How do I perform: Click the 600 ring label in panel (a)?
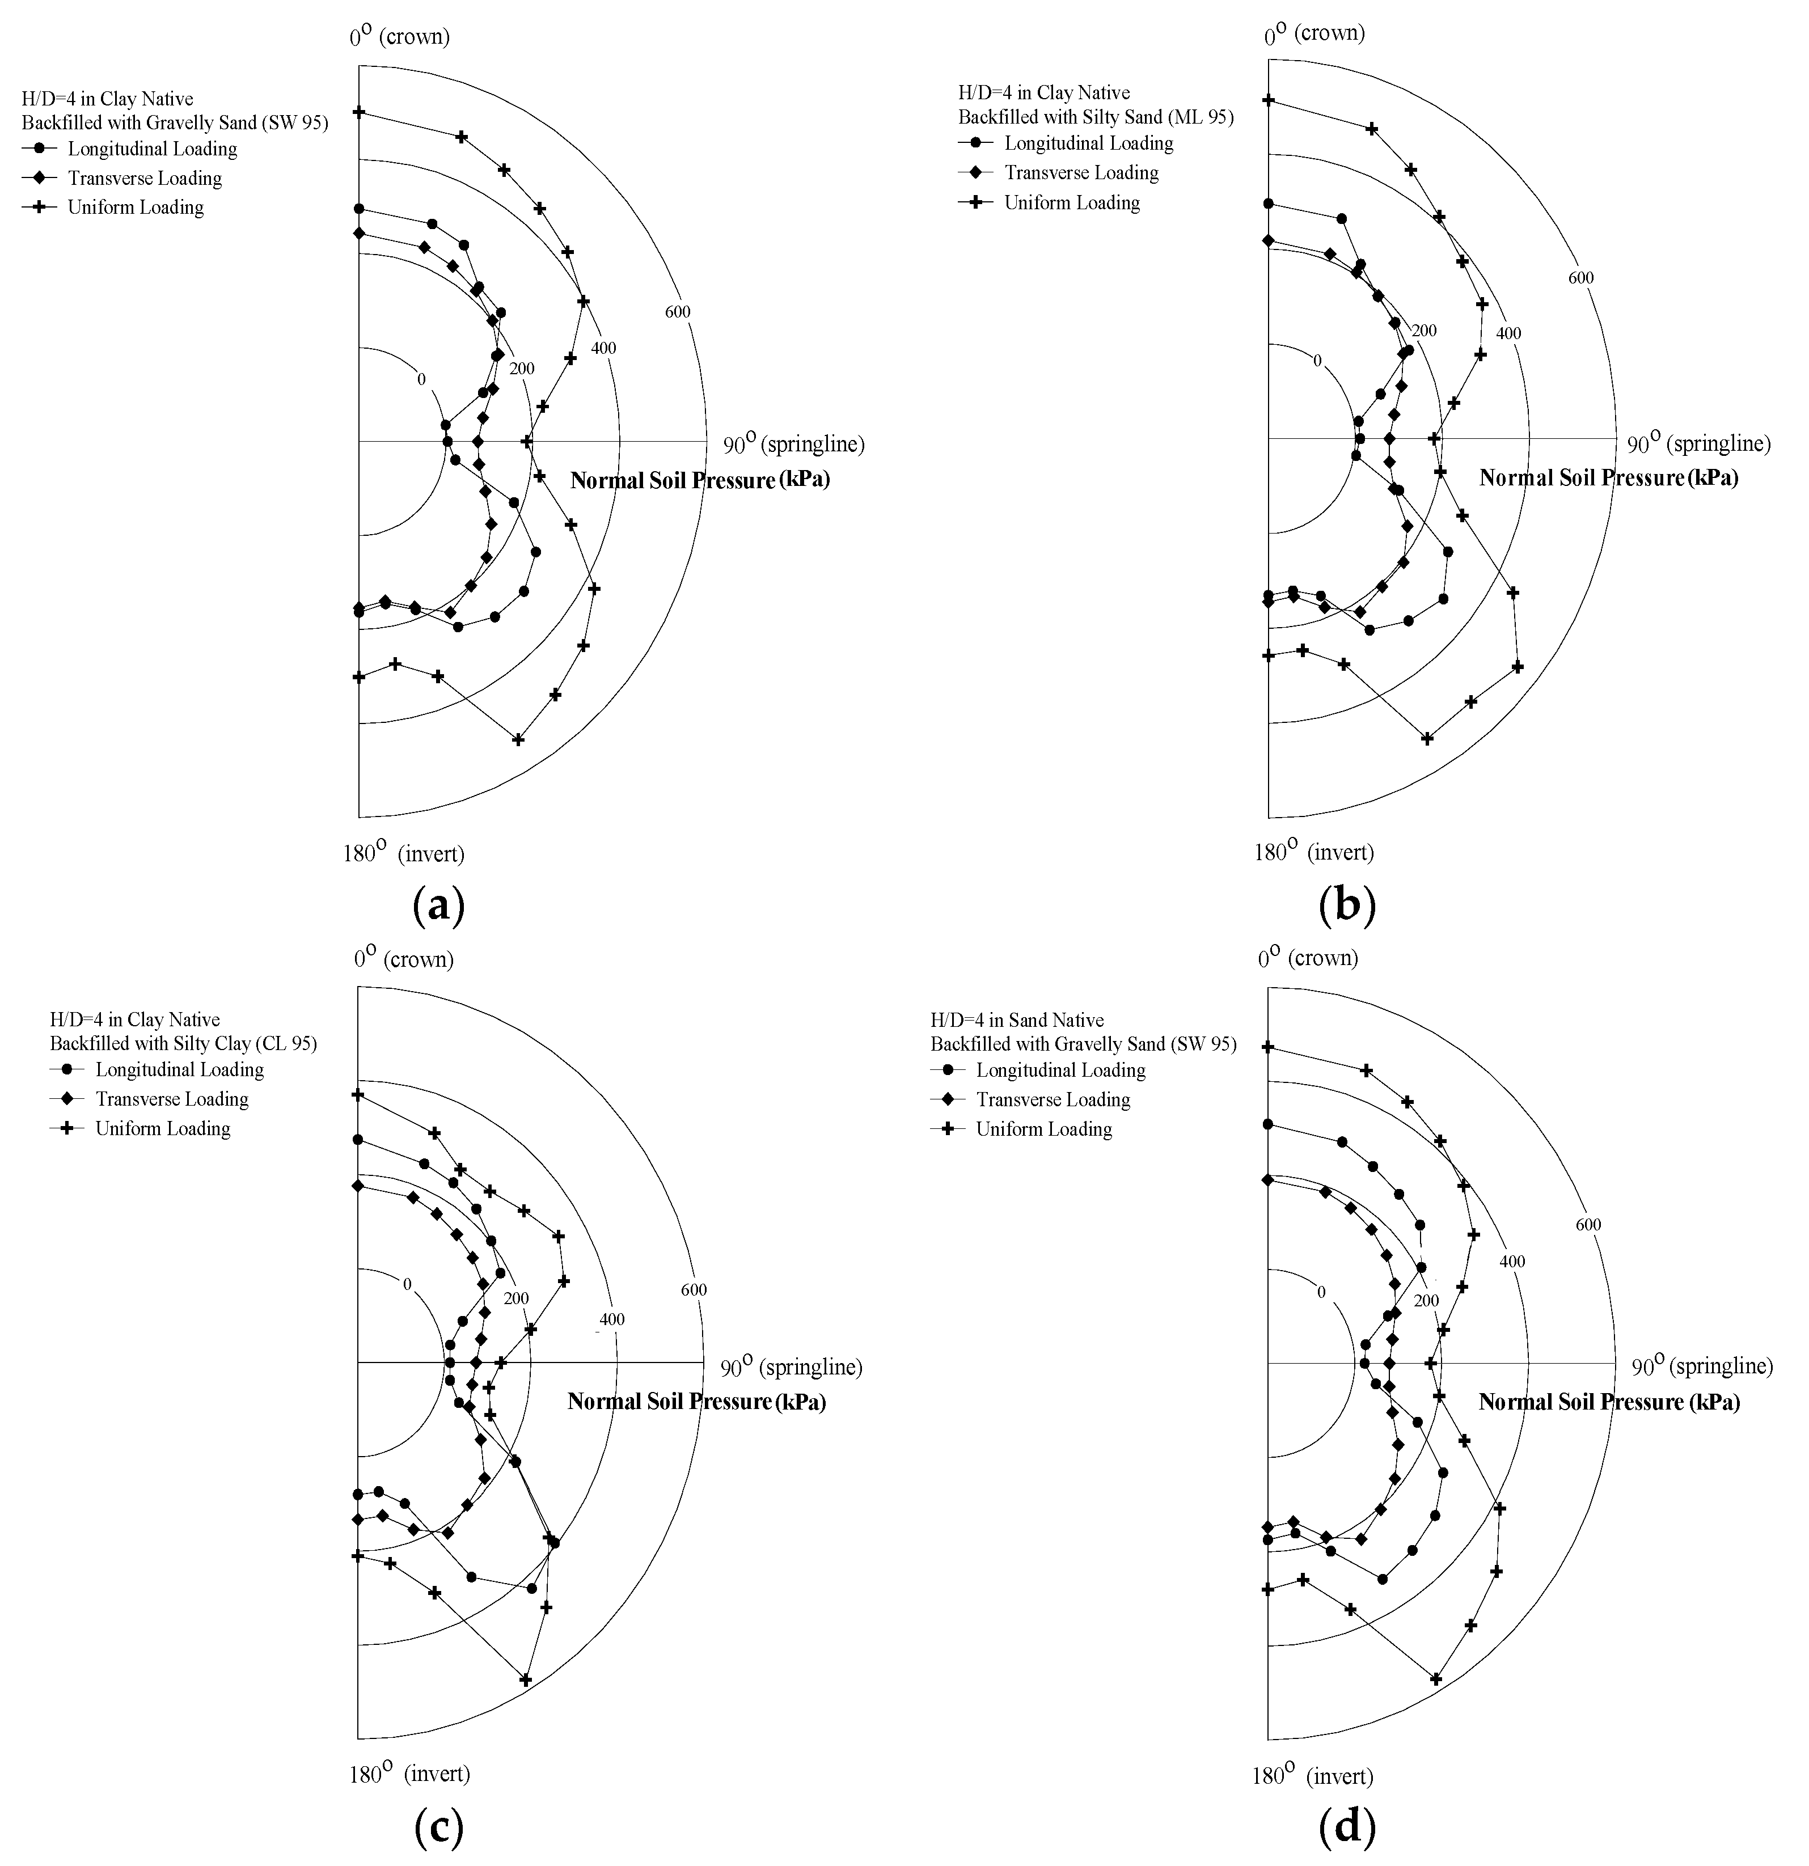pyautogui.click(x=678, y=312)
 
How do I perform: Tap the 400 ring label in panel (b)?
pyautogui.click(x=1508, y=333)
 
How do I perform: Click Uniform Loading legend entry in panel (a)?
pyautogui.click(x=135, y=208)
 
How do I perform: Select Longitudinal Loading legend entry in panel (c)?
pyautogui.click(x=179, y=1070)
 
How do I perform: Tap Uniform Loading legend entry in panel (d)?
pyautogui.click(x=1043, y=1129)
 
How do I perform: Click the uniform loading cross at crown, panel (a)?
pyautogui.click(x=359, y=112)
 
